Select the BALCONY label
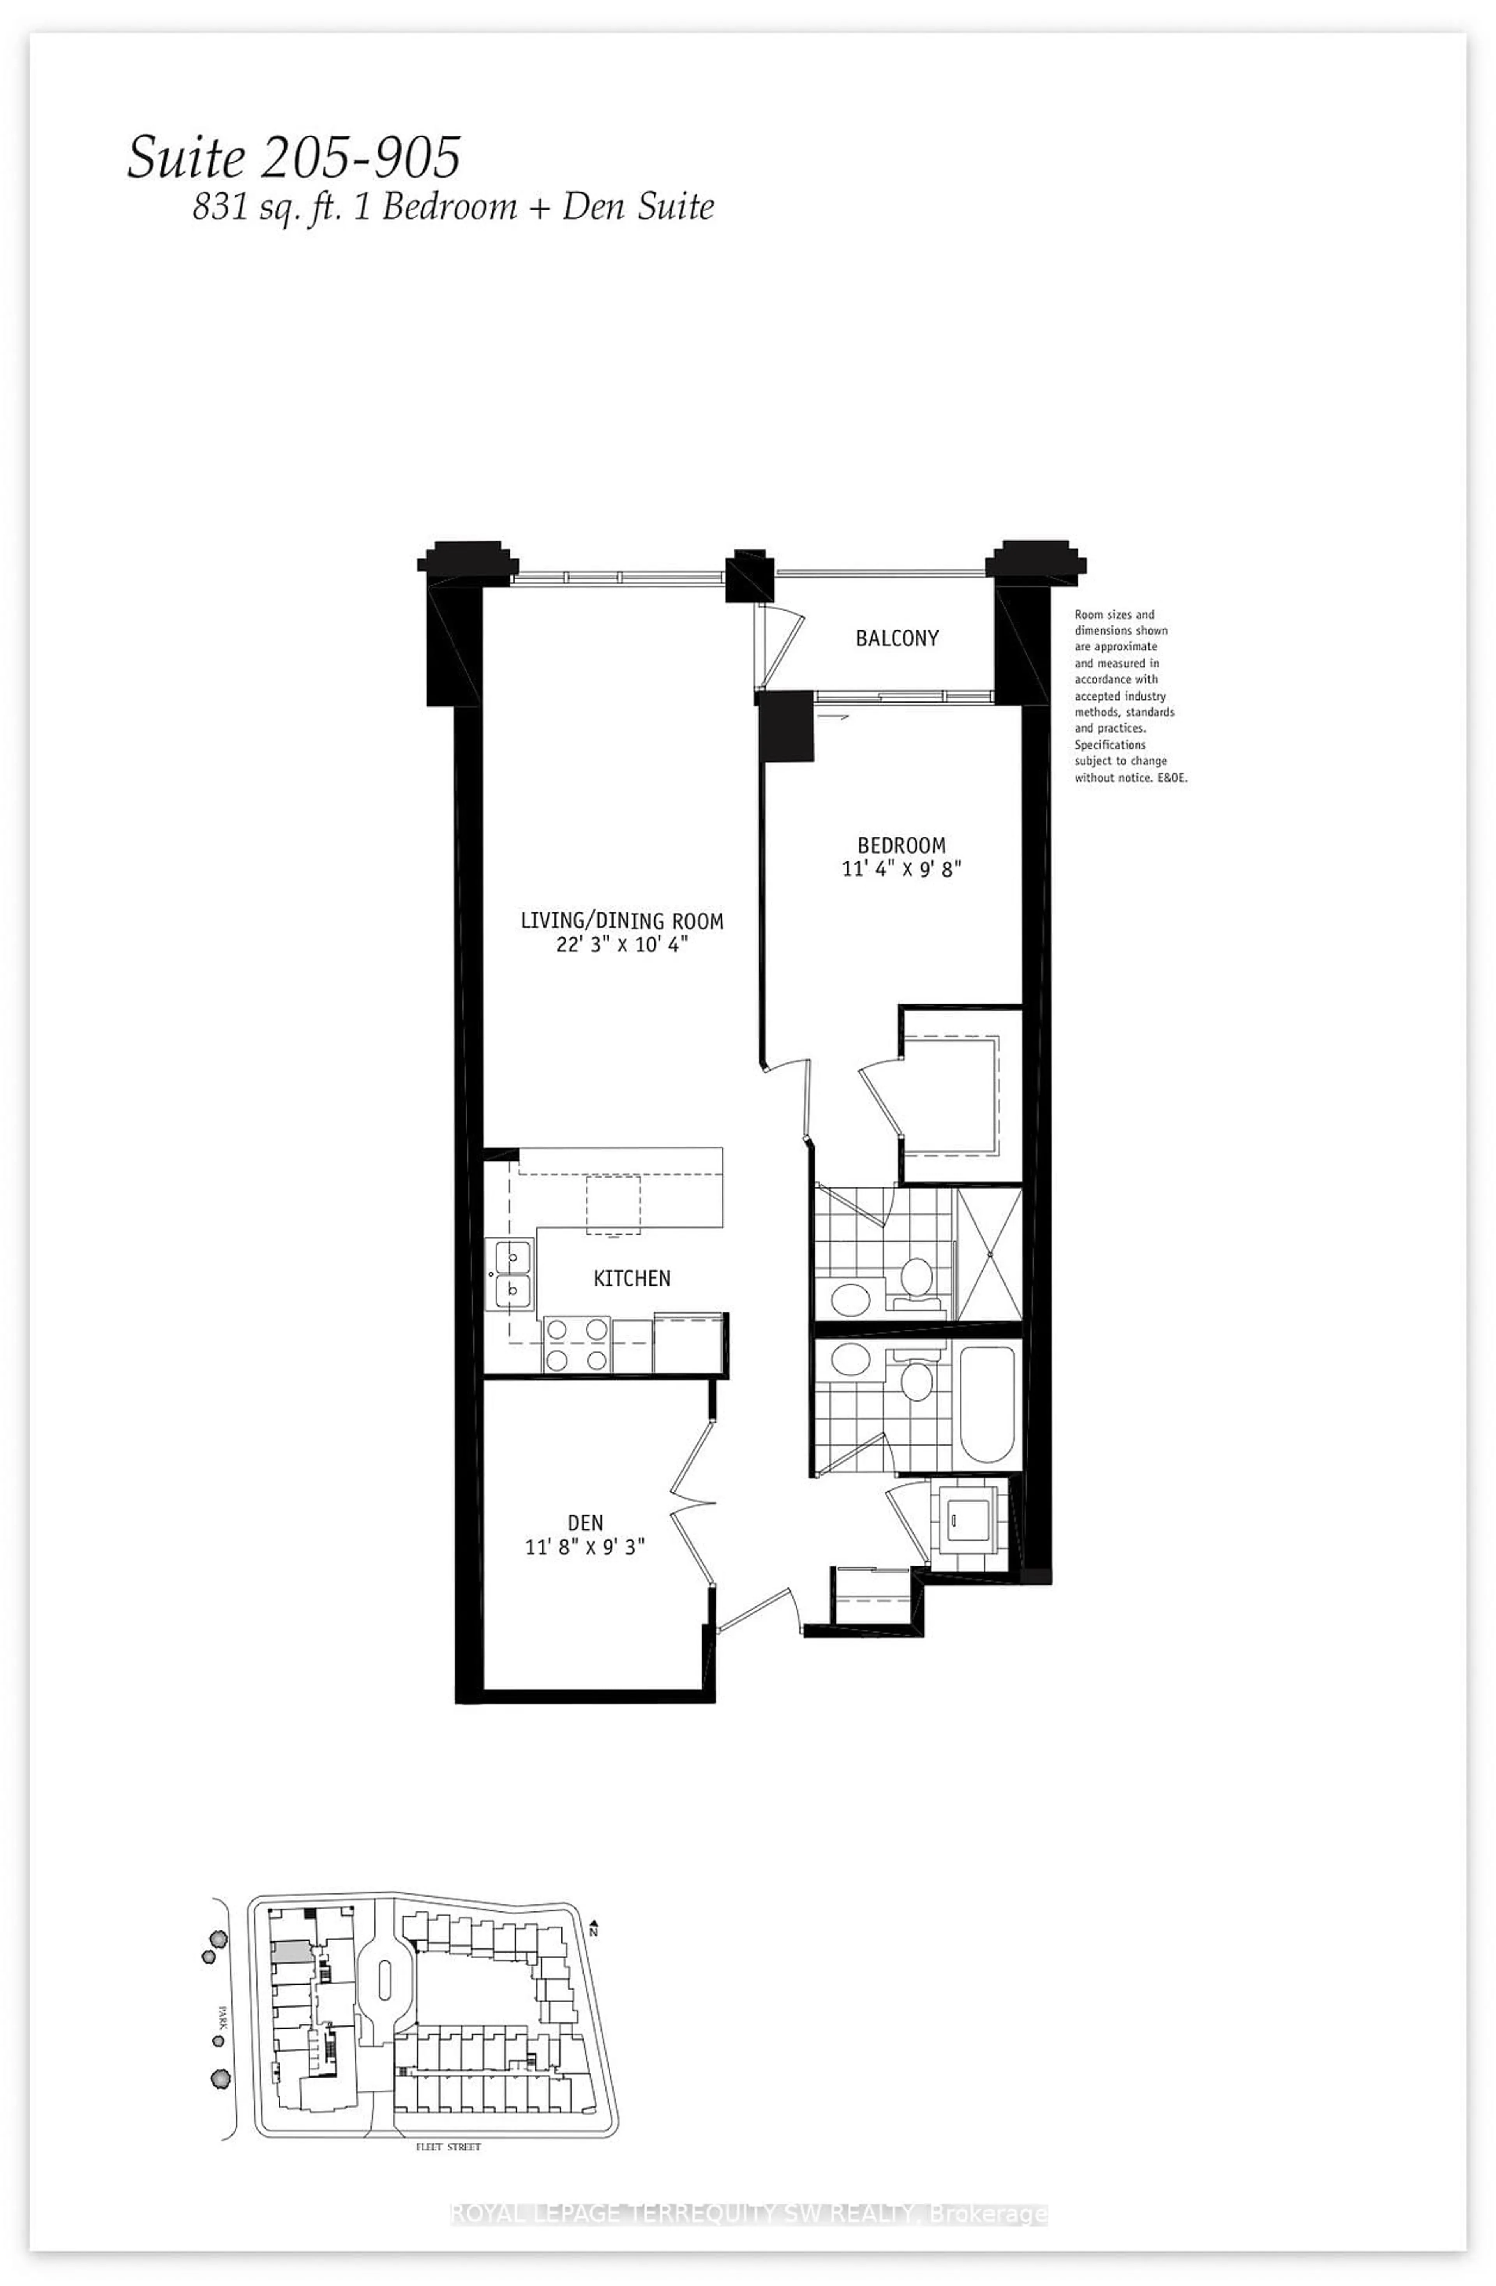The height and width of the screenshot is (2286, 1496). pos(896,638)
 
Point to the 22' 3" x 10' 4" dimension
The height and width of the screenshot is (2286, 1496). pos(622,944)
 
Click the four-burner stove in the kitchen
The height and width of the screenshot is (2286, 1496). pos(577,1344)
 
